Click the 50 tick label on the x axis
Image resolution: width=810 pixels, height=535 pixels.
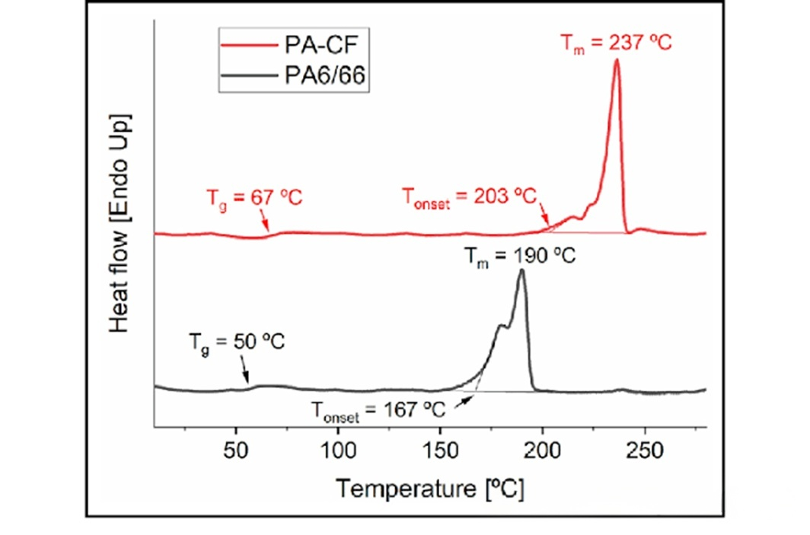[236, 448]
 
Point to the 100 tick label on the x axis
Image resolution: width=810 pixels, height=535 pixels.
[338, 448]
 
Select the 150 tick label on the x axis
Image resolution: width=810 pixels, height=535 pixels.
[441, 448]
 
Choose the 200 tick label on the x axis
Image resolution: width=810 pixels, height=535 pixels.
[543, 448]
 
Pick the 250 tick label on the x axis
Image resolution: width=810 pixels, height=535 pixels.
[645, 448]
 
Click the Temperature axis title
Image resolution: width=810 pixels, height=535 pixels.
[431, 487]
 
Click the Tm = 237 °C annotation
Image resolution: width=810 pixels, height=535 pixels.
[617, 43]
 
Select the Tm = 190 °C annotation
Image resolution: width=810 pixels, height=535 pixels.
[521, 256]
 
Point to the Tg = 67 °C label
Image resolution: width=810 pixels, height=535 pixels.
[254, 199]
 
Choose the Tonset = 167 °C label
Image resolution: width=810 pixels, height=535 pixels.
[378, 412]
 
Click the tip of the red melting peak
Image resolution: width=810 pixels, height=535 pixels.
[617, 61]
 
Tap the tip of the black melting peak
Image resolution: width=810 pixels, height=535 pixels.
[521, 272]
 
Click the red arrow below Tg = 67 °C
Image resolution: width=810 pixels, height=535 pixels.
[263, 221]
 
